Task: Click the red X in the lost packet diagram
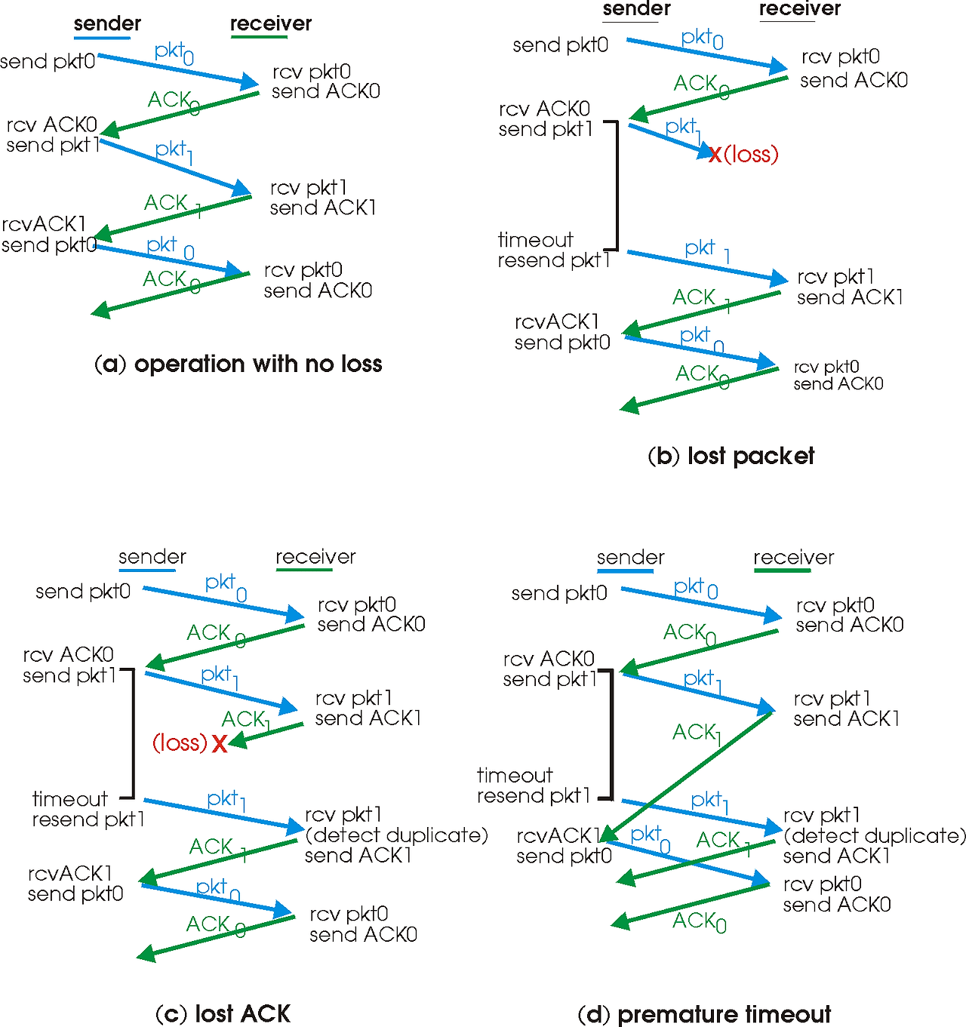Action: click(714, 155)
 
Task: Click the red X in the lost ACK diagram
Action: click(219, 744)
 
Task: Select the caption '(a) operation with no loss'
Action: click(238, 364)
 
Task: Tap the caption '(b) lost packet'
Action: click(731, 456)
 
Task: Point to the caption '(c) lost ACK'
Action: click(223, 1013)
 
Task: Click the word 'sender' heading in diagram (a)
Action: click(107, 23)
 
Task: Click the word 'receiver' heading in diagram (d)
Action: click(793, 558)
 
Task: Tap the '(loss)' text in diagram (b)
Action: click(751, 155)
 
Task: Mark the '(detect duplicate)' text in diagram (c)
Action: click(396, 835)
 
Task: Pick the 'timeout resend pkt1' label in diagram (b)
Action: click(553, 251)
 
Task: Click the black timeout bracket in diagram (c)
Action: click(133, 732)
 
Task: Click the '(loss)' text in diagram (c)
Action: click(180, 743)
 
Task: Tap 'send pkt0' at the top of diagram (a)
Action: click(48, 61)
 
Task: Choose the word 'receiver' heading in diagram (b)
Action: click(799, 9)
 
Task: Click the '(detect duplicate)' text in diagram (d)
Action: click(875, 836)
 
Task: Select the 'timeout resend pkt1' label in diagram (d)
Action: click(534, 786)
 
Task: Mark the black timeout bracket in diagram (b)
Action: click(617, 185)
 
